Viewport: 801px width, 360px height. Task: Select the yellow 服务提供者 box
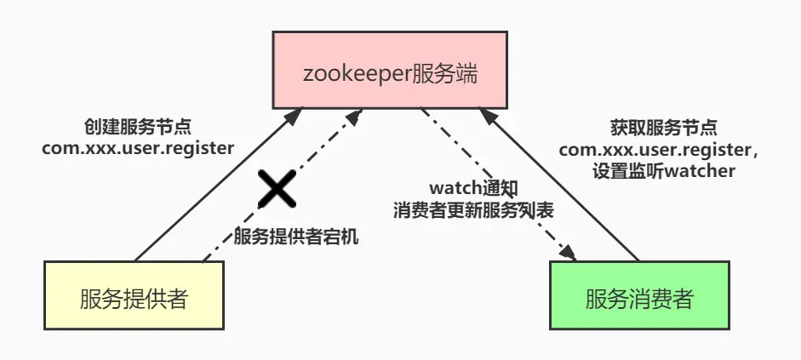pos(134,295)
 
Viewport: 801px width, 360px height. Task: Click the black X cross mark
pos(277,188)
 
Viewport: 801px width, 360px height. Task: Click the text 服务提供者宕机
pos(295,237)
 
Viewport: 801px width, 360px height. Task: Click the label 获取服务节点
pos(664,128)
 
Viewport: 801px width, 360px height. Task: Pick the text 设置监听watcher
pos(664,170)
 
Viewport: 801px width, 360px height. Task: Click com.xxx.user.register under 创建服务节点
pos(138,148)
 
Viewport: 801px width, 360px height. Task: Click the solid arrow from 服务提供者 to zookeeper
pos(213,187)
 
